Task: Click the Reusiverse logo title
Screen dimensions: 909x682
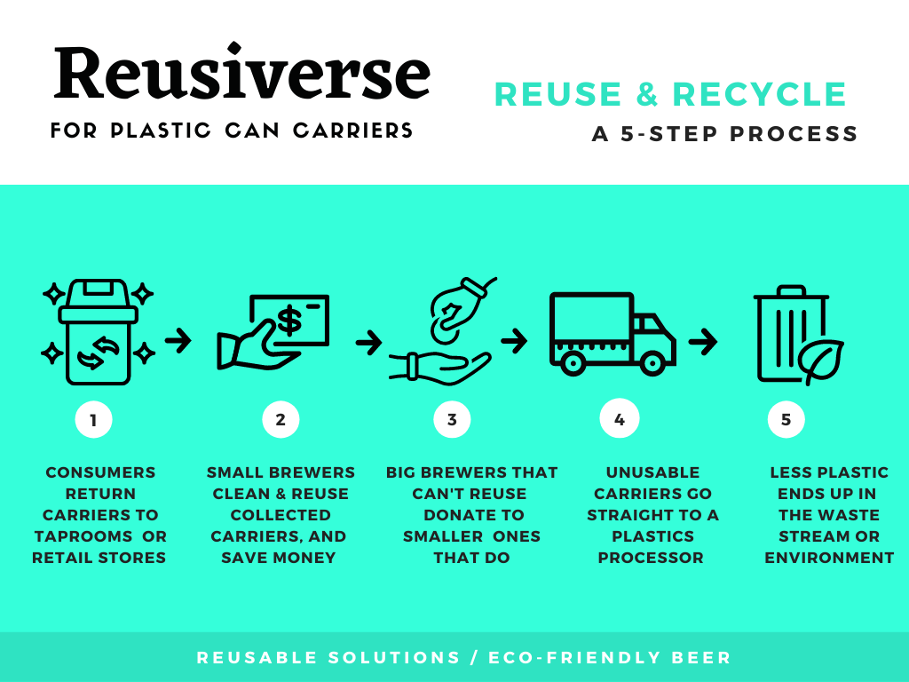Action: [x=242, y=72]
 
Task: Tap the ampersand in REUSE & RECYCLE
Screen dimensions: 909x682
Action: [x=647, y=94]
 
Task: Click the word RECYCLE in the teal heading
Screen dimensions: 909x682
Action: [x=760, y=94]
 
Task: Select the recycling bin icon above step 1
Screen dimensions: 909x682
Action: [x=98, y=332]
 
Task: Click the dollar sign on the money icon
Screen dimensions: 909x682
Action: [x=289, y=321]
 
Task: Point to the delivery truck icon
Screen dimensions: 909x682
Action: [x=613, y=334]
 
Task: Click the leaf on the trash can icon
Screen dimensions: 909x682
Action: [x=820, y=361]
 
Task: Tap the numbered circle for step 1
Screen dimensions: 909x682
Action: [x=93, y=419]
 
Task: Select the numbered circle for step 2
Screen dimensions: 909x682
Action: [x=281, y=419]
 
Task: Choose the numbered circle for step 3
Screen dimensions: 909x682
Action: [x=452, y=419]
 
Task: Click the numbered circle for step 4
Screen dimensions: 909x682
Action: [x=619, y=419]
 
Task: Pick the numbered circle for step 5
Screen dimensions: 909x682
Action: [x=786, y=419]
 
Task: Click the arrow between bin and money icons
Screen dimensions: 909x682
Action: [x=178, y=340]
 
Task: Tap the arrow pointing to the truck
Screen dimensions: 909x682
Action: [x=514, y=340]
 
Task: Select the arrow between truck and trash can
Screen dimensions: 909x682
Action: [x=703, y=341]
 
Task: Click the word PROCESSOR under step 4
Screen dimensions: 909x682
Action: [x=651, y=558]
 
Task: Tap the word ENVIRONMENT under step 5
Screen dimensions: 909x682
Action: [x=829, y=558]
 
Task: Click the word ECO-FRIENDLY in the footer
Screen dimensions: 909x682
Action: [x=574, y=658]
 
